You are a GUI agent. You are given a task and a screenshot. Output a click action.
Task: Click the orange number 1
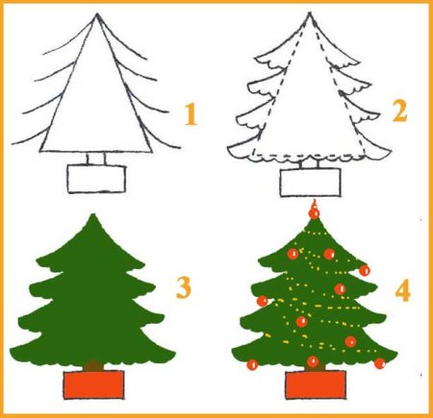(191, 114)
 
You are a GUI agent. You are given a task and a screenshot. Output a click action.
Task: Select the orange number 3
(184, 287)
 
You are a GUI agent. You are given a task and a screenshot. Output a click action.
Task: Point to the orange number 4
(403, 290)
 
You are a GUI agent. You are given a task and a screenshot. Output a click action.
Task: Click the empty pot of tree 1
(96, 179)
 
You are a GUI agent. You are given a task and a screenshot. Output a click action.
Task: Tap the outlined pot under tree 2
(310, 182)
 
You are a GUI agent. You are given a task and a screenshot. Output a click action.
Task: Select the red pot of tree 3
(93, 384)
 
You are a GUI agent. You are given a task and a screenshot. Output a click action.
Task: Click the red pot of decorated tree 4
(316, 384)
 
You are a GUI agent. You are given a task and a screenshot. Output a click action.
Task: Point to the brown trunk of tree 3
(93, 366)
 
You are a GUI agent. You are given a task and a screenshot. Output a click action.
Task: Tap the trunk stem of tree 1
(95, 159)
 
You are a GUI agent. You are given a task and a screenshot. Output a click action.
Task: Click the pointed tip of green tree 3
(93, 214)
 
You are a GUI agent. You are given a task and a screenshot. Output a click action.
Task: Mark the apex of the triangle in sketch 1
(97, 14)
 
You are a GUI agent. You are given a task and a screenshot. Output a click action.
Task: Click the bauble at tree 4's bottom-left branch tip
(252, 364)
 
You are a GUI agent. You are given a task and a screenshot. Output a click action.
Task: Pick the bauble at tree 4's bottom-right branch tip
(380, 363)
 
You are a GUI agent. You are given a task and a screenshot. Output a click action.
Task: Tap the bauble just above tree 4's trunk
(313, 361)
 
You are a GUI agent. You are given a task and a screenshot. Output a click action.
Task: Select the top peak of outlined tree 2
(310, 13)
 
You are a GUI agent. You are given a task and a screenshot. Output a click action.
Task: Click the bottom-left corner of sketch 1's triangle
(40, 151)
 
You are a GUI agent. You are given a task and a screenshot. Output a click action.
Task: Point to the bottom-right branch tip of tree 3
(175, 354)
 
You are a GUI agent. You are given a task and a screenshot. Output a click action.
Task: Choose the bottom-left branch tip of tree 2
(229, 149)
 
